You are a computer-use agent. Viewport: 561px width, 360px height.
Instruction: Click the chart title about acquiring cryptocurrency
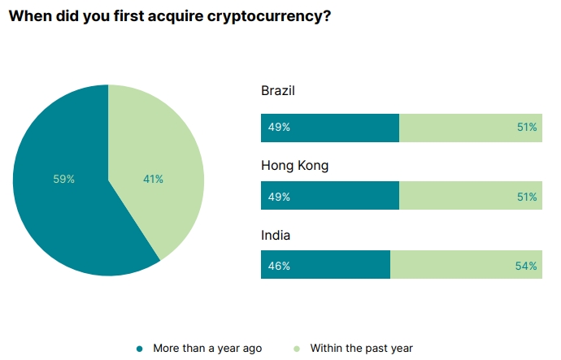click(x=169, y=16)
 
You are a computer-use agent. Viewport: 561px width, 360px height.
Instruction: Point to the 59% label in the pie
click(x=64, y=179)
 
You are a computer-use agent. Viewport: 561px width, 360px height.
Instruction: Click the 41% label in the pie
click(x=153, y=179)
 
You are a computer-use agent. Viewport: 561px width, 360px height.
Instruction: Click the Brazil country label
click(x=277, y=90)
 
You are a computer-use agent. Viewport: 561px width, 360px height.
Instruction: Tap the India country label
click(x=276, y=236)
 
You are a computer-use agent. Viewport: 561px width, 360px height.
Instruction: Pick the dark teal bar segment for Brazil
click(x=341, y=128)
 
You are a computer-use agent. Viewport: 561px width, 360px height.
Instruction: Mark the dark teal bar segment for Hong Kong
click(x=341, y=197)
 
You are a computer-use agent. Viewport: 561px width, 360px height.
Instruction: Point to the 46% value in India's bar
click(x=279, y=265)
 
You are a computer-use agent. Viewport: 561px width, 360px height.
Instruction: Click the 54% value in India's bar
click(x=526, y=265)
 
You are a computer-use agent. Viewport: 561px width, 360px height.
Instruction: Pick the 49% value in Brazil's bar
click(x=279, y=128)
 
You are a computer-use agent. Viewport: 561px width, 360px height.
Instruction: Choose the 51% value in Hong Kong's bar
click(x=526, y=197)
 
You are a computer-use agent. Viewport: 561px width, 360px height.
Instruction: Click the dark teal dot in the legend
click(x=140, y=349)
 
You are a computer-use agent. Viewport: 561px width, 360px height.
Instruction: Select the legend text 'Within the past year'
click(x=361, y=348)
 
